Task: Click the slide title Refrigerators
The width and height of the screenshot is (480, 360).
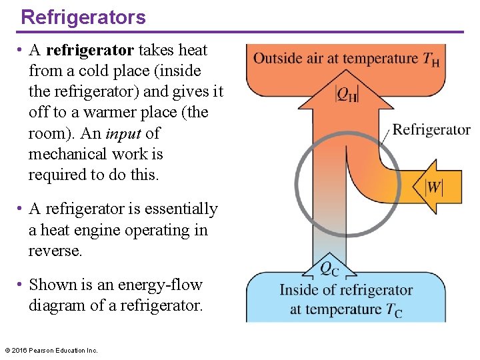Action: coord(83,17)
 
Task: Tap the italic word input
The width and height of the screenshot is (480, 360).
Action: coord(123,133)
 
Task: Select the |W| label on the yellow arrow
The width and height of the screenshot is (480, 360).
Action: coord(434,187)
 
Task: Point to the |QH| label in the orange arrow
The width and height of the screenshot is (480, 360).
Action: coord(346,94)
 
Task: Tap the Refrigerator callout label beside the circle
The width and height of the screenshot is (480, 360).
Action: coord(431,129)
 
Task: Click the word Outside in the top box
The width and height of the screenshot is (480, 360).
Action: coord(277,58)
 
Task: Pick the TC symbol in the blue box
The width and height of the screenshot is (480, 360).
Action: coord(393,310)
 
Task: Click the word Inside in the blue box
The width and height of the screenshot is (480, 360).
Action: coord(299,290)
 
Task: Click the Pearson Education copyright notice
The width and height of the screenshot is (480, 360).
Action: coord(51,350)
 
